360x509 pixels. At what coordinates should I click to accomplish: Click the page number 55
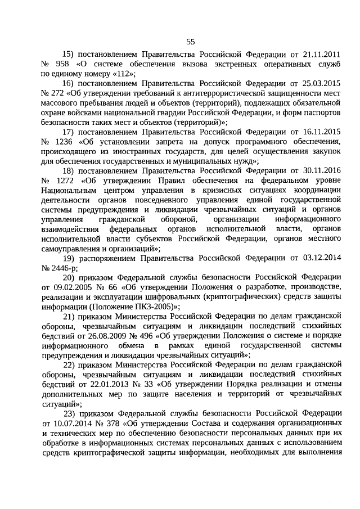tap(191, 41)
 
